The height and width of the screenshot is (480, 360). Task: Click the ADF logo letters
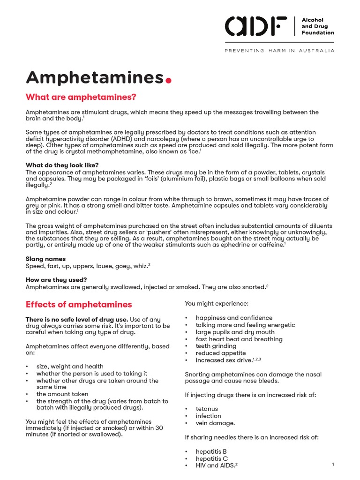coord(256,26)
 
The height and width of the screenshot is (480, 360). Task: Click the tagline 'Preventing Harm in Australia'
coord(280,51)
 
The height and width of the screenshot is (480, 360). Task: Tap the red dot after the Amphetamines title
coord(169,80)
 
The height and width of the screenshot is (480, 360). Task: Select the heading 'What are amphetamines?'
coord(81,97)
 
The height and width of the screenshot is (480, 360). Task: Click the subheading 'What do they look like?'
coord(62,165)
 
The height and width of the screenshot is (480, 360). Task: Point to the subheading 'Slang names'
coord(45,259)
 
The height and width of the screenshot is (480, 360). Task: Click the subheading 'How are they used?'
coord(56,280)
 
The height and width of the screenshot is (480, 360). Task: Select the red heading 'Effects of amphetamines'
coord(79,304)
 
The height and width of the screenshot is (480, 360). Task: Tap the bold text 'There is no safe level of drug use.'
coord(77,319)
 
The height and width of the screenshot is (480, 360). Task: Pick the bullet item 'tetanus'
coord(207,409)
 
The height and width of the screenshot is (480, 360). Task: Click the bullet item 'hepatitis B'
coord(211,451)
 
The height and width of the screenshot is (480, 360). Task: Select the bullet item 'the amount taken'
coord(62,394)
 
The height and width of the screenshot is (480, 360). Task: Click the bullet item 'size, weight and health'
coord(70,366)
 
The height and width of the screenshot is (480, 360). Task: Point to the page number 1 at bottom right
coord(332,464)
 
